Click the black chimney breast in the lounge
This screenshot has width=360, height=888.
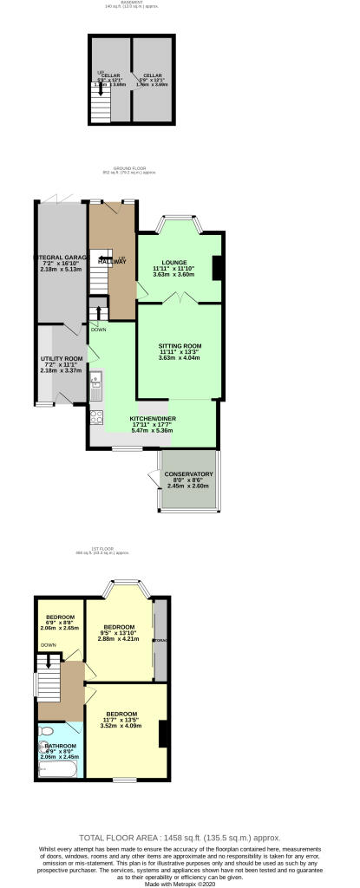point(218,269)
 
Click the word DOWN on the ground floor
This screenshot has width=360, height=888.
point(98,330)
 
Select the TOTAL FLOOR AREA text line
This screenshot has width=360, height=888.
point(180,838)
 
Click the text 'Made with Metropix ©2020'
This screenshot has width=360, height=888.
point(180,881)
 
